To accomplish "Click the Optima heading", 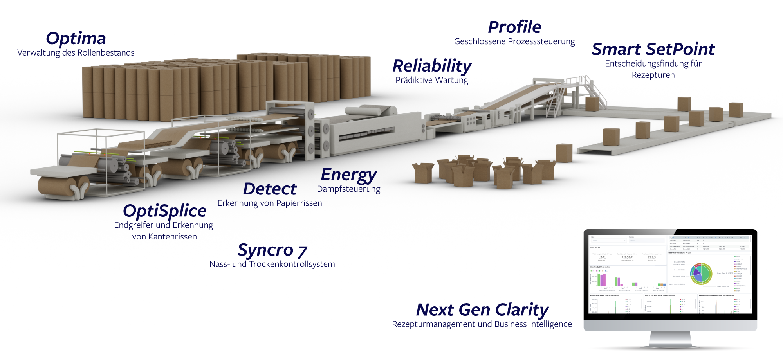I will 76,38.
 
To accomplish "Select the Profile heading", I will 514,27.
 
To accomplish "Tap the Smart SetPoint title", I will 653,49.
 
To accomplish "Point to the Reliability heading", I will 432,66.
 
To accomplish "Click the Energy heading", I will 348,175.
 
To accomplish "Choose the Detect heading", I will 270,189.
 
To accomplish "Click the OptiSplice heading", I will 164,211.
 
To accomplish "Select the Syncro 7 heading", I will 272,250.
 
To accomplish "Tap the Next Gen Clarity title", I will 482,310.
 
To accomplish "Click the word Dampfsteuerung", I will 348,189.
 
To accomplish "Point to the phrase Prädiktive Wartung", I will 432,80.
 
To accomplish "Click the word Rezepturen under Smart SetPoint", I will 653,75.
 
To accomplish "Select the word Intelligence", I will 550,324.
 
